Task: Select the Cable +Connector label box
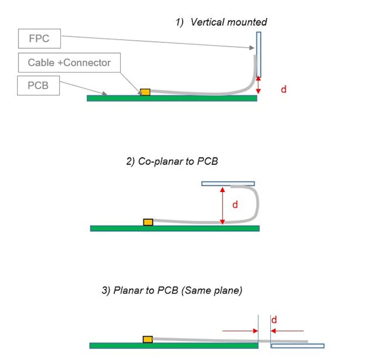coord(69,63)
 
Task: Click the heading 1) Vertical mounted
coord(221,22)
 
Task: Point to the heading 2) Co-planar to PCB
coord(172,161)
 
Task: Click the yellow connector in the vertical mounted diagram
coord(144,92)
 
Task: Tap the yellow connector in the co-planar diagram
coord(148,222)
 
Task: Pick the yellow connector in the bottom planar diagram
coord(148,340)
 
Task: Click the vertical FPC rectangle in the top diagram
coord(258,54)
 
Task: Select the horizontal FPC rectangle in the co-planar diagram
coord(228,184)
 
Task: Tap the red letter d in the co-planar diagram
coord(235,205)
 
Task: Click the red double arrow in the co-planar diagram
coord(222,205)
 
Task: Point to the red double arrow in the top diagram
coord(259,87)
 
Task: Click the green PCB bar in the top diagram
coord(172,98)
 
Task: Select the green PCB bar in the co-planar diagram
coord(174,228)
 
